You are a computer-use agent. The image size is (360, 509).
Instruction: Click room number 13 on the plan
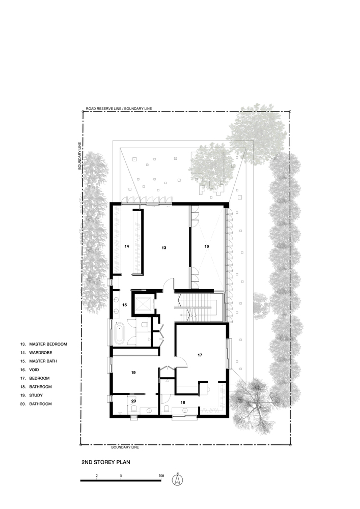pyautogui.click(x=164, y=248)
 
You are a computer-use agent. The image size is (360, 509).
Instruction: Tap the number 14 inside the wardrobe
pyautogui.click(x=127, y=246)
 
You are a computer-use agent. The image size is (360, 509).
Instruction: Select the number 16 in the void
pyautogui.click(x=207, y=246)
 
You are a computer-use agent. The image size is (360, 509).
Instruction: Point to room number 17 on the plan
pyautogui.click(x=200, y=355)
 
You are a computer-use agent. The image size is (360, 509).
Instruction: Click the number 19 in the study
pyautogui.click(x=133, y=373)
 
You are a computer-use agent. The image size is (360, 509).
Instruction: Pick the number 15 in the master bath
pyautogui.click(x=124, y=305)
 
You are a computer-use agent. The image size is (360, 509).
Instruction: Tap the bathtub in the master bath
pyautogui.click(x=119, y=334)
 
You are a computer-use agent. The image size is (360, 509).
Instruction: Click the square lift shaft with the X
pyautogui.click(x=144, y=304)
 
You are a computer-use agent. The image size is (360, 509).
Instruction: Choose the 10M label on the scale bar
pyautogui.click(x=161, y=476)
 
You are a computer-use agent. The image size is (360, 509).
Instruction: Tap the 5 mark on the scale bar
pyautogui.click(x=121, y=476)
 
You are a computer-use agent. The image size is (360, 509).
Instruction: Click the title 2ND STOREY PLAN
pyautogui.click(x=106, y=462)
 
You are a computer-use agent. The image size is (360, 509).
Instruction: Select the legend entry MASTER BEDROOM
pyautogui.click(x=48, y=344)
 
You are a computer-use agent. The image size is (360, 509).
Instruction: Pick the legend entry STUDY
pyautogui.click(x=36, y=395)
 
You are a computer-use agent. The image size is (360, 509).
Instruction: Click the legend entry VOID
pyautogui.click(x=34, y=370)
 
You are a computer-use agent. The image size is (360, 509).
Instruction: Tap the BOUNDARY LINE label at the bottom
pyautogui.click(x=125, y=447)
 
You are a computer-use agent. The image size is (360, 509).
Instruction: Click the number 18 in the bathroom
pyautogui.click(x=183, y=403)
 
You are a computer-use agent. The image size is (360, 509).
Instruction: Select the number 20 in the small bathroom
pyautogui.click(x=133, y=401)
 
